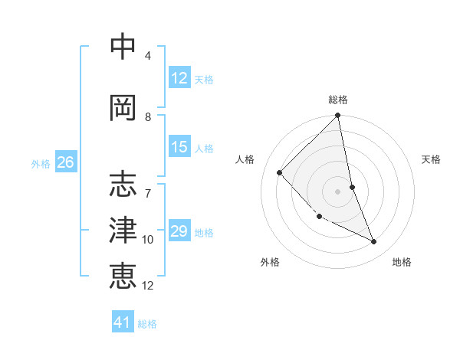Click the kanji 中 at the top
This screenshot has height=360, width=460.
123,47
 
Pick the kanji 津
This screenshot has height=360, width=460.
123,230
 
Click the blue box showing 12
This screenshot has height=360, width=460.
179,78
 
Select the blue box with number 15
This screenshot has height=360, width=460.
179,147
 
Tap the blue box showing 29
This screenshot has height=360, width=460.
179,231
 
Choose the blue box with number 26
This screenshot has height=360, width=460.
65,162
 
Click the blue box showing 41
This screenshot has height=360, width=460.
123,322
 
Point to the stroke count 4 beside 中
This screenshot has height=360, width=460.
148,56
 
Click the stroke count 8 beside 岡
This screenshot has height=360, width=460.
148,117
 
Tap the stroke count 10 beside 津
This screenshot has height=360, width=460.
148,240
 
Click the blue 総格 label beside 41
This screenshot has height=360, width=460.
147,324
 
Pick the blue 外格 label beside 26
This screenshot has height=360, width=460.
40,163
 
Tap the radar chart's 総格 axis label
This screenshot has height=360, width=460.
338,100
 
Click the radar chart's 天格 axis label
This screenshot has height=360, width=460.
431,159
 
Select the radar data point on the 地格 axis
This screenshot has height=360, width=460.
374,242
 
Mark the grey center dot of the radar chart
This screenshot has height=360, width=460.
337,191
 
